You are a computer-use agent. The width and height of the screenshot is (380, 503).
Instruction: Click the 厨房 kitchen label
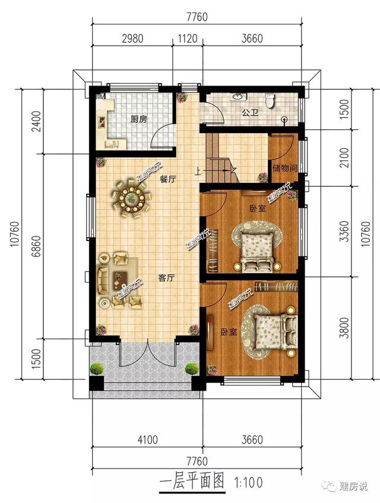[138, 119]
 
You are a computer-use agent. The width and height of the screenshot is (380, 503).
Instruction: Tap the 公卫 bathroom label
[250, 113]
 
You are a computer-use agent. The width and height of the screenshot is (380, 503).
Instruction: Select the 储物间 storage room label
[285, 168]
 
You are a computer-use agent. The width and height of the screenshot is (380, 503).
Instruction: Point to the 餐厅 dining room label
[167, 179]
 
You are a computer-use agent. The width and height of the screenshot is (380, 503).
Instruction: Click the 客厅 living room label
[166, 278]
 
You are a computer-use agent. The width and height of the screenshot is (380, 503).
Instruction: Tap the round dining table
[131, 200]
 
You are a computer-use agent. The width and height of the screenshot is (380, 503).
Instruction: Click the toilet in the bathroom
[270, 100]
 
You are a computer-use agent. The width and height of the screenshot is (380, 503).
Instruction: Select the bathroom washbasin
[237, 96]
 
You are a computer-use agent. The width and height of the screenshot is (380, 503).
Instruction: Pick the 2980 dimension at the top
[133, 39]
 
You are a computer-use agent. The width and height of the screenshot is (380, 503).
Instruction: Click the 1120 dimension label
[188, 39]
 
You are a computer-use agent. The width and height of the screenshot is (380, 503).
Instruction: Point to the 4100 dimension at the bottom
[147, 439]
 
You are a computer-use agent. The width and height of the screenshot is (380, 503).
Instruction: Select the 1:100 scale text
[249, 482]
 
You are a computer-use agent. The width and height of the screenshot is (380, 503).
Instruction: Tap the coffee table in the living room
[120, 279]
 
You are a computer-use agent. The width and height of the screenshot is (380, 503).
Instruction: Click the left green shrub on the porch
[97, 369]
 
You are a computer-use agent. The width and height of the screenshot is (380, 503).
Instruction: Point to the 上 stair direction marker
[198, 172]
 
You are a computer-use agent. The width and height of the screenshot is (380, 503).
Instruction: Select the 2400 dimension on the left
[37, 121]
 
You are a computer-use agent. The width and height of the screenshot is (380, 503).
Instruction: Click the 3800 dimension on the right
[345, 328]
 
